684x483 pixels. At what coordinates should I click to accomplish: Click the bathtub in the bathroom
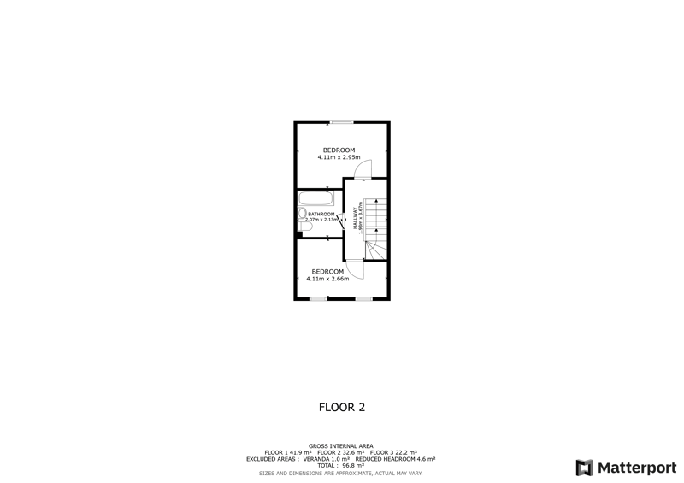click(315, 198)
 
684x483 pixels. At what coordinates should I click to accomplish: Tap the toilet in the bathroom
click(304, 227)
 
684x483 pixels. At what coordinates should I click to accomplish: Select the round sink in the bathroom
click(302, 214)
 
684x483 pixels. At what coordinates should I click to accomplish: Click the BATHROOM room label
click(321, 214)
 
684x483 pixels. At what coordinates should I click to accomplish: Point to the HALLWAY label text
click(355, 218)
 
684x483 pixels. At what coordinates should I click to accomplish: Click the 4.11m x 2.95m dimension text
click(339, 157)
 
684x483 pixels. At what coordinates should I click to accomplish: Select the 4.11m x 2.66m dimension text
click(327, 279)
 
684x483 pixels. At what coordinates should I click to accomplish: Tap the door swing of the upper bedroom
click(363, 169)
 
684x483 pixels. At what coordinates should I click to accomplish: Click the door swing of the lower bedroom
click(355, 269)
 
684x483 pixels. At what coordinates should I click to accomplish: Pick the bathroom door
click(340, 218)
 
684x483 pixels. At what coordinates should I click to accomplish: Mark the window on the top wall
click(341, 121)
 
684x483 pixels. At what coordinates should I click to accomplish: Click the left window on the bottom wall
click(318, 299)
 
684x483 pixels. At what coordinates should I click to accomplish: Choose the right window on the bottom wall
click(364, 299)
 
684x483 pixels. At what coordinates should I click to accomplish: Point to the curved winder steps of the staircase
click(375, 250)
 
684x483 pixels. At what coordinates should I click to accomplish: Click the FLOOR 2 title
click(342, 408)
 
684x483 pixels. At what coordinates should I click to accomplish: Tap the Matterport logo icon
click(584, 468)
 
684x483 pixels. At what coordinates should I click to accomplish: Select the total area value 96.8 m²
click(353, 466)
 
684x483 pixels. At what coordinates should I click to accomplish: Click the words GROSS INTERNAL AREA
click(340, 446)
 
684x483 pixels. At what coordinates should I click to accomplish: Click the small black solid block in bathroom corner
click(299, 235)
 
